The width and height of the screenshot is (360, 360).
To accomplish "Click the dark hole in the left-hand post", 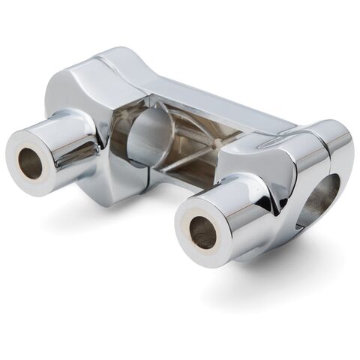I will click(31, 163).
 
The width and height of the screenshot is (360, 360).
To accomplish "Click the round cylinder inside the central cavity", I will click(147, 135).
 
